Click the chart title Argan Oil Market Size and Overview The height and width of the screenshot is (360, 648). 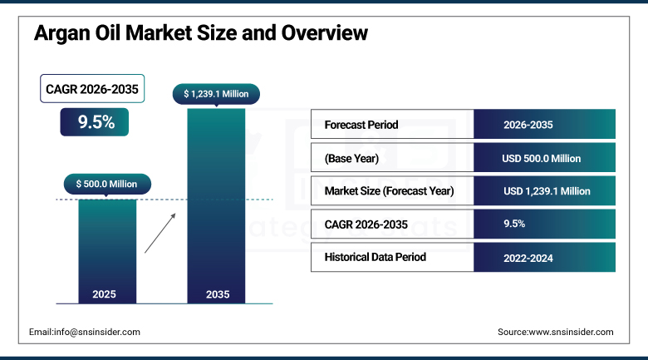click(x=201, y=33)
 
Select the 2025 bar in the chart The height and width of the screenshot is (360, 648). click(x=107, y=252)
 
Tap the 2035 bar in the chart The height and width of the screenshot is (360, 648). click(x=216, y=206)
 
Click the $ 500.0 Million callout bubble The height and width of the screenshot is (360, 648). click(x=107, y=184)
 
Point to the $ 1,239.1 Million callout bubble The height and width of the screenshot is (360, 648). click(x=216, y=94)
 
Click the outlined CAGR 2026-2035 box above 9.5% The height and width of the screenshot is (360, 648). click(x=92, y=89)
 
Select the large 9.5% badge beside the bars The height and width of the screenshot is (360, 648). click(x=94, y=122)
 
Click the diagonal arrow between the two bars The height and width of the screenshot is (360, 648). click(x=160, y=233)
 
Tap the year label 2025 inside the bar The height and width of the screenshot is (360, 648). click(x=104, y=294)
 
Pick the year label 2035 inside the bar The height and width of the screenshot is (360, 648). click(x=218, y=294)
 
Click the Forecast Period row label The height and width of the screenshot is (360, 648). click(x=361, y=125)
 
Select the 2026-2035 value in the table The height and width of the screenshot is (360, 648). click(x=528, y=125)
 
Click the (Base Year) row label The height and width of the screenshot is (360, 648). click(x=351, y=159)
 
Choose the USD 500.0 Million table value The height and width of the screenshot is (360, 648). click(x=542, y=159)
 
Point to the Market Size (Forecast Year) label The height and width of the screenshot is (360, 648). click(x=390, y=191)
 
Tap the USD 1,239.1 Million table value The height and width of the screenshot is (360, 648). click(x=547, y=191)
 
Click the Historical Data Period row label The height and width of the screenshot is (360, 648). click(x=376, y=257)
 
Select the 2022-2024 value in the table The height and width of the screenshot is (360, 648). click(x=528, y=259)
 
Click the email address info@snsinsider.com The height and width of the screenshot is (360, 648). click(x=97, y=332)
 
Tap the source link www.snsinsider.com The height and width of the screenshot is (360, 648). click(x=571, y=332)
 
